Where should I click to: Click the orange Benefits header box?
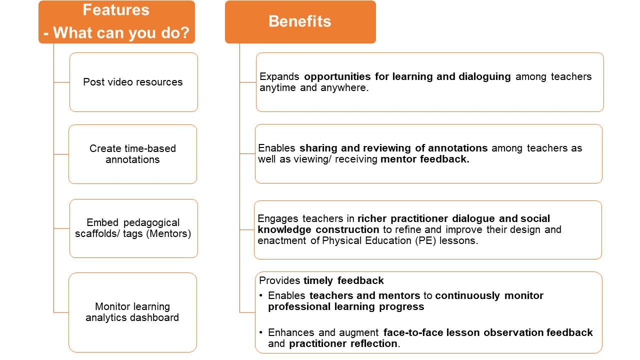[x=300, y=22]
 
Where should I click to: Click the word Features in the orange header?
[x=116, y=10]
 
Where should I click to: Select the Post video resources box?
[x=133, y=82]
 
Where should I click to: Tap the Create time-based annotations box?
[x=133, y=154]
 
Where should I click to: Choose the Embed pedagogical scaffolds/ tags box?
[x=133, y=228]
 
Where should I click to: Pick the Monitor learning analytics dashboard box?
[x=133, y=312]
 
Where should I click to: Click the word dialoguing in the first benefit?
[x=484, y=77]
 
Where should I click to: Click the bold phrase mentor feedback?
[x=425, y=159]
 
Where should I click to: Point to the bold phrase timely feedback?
[x=343, y=280]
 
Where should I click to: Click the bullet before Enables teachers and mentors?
[x=261, y=295]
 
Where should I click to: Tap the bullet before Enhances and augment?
[x=261, y=332]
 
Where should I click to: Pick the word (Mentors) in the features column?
[x=168, y=233]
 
